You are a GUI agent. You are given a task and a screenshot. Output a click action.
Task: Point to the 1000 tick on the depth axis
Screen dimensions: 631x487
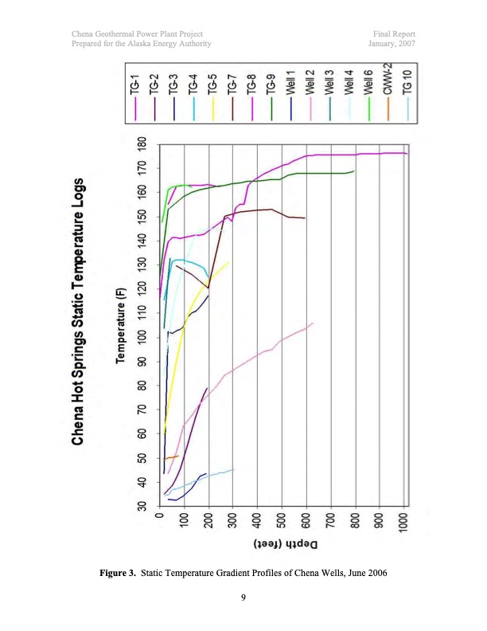[405, 524]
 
